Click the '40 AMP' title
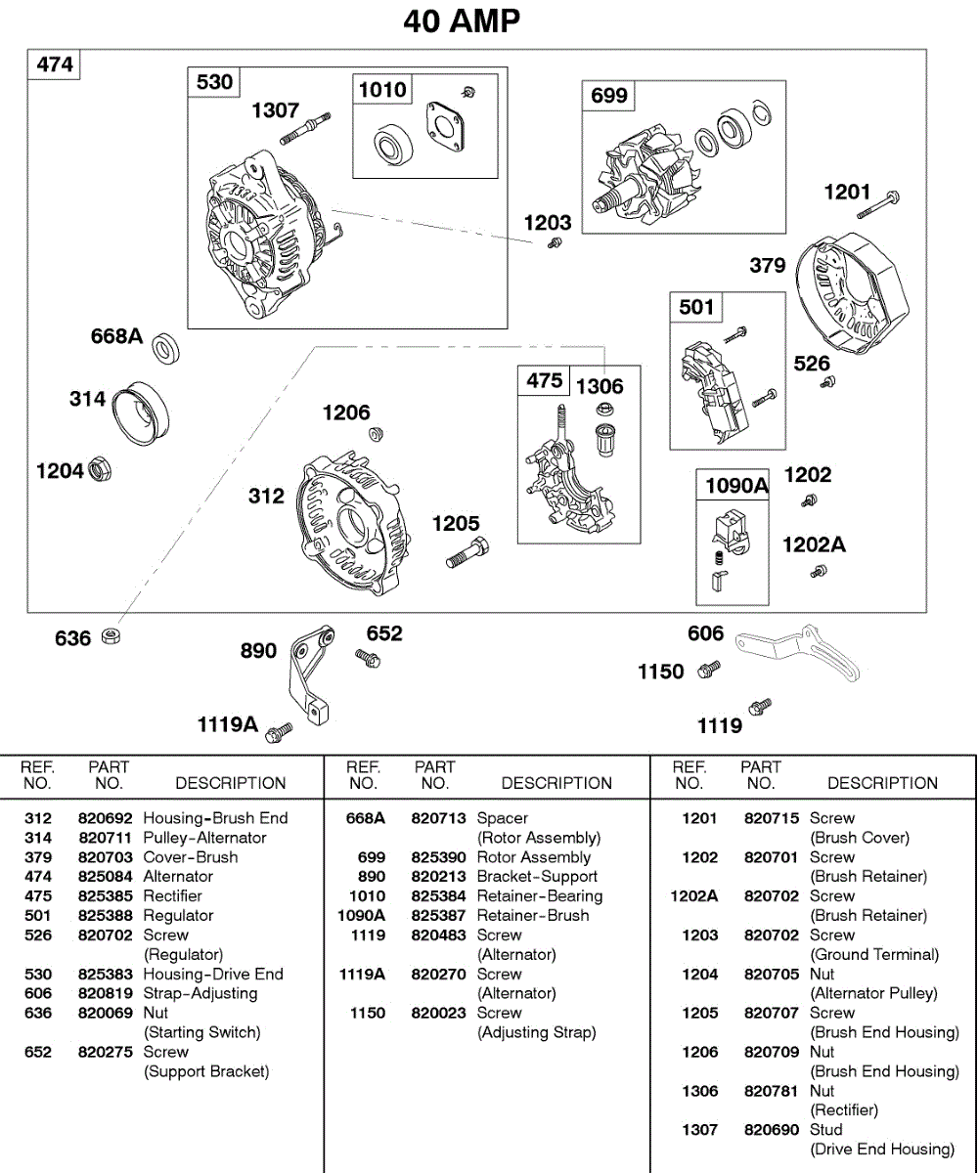tap(462, 21)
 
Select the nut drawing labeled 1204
tap(100, 469)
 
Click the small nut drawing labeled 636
tap(112, 637)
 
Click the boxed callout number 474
tap(55, 65)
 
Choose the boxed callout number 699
tap(609, 96)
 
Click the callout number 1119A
tap(228, 724)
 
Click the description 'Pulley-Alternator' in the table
tap(204, 838)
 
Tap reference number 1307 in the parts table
tap(699, 1130)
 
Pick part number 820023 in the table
tap(438, 1014)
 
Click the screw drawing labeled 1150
tap(709, 670)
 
